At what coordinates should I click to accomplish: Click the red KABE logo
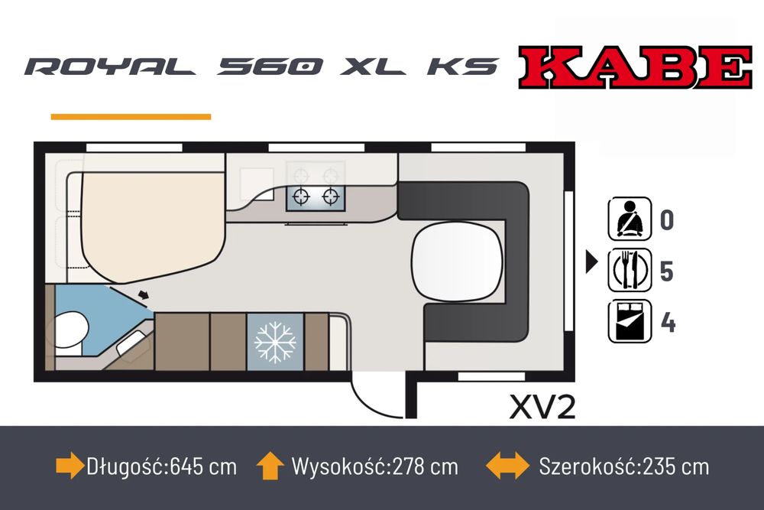(x=635, y=67)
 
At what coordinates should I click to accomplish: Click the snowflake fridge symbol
(x=275, y=342)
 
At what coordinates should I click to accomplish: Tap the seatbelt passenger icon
(x=630, y=219)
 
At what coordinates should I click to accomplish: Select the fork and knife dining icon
(x=630, y=270)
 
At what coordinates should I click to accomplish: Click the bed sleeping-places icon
(x=630, y=321)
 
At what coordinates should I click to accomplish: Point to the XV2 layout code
(x=542, y=407)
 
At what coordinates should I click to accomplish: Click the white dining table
(x=457, y=261)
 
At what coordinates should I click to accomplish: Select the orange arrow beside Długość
(x=70, y=466)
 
